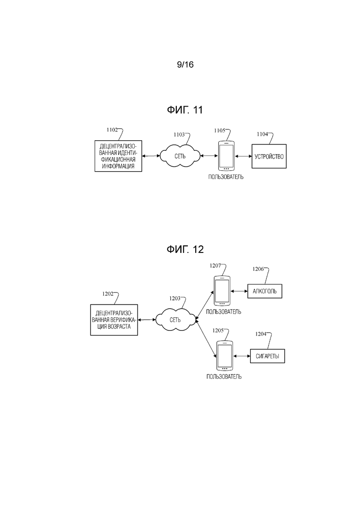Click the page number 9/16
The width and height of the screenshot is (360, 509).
(x=185, y=65)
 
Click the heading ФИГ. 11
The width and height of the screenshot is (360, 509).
(x=185, y=110)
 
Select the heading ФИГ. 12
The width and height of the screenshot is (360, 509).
(x=185, y=249)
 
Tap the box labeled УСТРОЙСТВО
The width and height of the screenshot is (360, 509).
(x=269, y=156)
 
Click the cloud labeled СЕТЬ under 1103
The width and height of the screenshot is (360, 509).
(x=180, y=156)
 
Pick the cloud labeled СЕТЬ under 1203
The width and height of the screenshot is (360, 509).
(x=175, y=320)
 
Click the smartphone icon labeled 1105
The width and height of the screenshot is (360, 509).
(x=226, y=156)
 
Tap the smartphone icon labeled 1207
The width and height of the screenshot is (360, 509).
(x=222, y=291)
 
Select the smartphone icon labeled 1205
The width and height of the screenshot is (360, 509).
(x=225, y=355)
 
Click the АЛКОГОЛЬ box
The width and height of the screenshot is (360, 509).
(x=265, y=291)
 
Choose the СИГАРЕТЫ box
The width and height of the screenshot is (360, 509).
(x=268, y=356)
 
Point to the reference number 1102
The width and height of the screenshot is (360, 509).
(x=112, y=130)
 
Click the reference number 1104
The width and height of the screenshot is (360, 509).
(x=262, y=134)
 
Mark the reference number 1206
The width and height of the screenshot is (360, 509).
(x=258, y=269)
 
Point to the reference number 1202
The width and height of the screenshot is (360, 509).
(x=108, y=294)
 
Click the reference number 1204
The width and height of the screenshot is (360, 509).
(x=261, y=334)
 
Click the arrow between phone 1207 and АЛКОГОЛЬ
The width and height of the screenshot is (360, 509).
(x=239, y=291)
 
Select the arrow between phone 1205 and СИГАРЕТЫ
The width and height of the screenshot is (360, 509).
(x=242, y=356)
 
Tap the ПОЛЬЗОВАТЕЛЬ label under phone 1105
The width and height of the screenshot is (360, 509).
(x=226, y=177)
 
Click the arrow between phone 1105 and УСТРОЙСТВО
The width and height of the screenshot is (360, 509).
(x=243, y=156)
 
